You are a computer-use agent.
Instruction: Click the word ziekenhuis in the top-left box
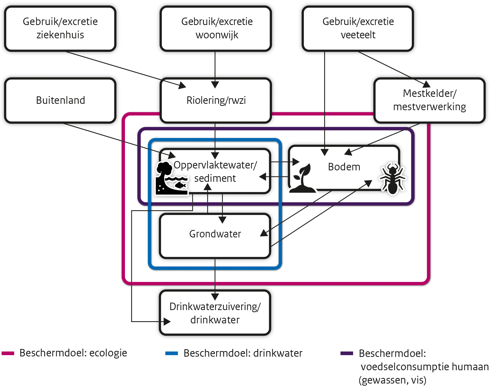point(60,35)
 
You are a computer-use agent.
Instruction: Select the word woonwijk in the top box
point(217,35)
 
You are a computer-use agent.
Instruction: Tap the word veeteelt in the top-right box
point(358,35)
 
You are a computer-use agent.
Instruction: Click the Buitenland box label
point(60,100)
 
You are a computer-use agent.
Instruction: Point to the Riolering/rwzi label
point(216,100)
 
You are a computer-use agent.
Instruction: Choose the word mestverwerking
point(429,107)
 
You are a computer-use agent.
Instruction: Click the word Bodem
point(344,167)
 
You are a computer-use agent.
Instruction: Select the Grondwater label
point(215,234)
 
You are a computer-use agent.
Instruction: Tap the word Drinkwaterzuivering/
point(215,307)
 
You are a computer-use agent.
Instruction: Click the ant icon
point(392,178)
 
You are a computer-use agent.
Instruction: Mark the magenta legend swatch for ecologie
point(8,353)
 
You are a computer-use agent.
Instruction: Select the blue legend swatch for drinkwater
point(172,353)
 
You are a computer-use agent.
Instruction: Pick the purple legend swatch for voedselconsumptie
point(347,353)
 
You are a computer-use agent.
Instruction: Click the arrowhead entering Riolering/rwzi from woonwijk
point(215,85)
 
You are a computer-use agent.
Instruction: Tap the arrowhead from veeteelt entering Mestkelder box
point(427,84)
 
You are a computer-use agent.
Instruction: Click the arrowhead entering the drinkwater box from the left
point(167,322)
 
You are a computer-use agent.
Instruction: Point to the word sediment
point(215,178)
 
